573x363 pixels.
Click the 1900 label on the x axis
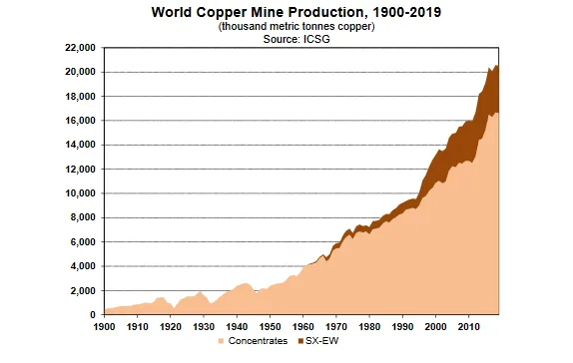104,326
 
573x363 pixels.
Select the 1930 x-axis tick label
204,326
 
